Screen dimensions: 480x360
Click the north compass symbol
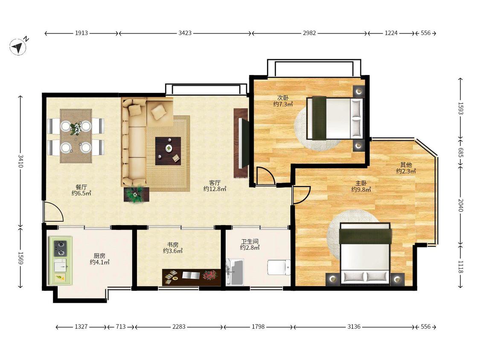point(19,47)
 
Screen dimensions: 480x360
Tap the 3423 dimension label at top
point(185,33)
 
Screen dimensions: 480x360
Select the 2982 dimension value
point(309,33)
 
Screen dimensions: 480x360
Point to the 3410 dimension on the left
point(20,161)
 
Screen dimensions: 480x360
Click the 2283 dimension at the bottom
point(179,327)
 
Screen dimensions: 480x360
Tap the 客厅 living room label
point(215,183)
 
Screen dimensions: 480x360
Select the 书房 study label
point(173,244)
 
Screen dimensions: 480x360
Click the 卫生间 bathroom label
point(250,241)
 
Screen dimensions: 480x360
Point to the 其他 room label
point(406,165)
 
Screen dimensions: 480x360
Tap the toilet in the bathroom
point(279,267)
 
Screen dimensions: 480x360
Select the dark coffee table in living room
point(168,151)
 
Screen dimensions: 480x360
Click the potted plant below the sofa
point(136,194)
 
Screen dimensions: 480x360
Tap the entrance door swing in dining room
point(54,211)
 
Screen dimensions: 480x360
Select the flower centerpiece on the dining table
point(75,128)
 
